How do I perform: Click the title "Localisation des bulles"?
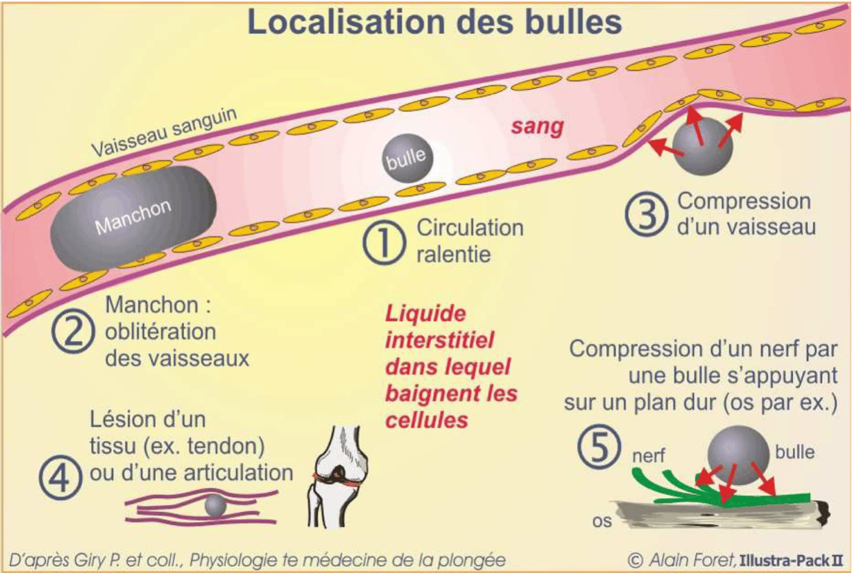tap(435, 22)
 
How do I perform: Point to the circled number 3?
tap(645, 214)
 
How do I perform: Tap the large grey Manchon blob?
tap(133, 217)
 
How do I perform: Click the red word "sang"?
tap(538, 126)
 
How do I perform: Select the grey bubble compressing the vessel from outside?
tap(702, 145)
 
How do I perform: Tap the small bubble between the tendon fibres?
tap(215, 506)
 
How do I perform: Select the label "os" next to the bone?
tap(601, 521)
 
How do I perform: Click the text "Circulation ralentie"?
tap(470, 240)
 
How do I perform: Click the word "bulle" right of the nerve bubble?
tap(794, 452)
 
